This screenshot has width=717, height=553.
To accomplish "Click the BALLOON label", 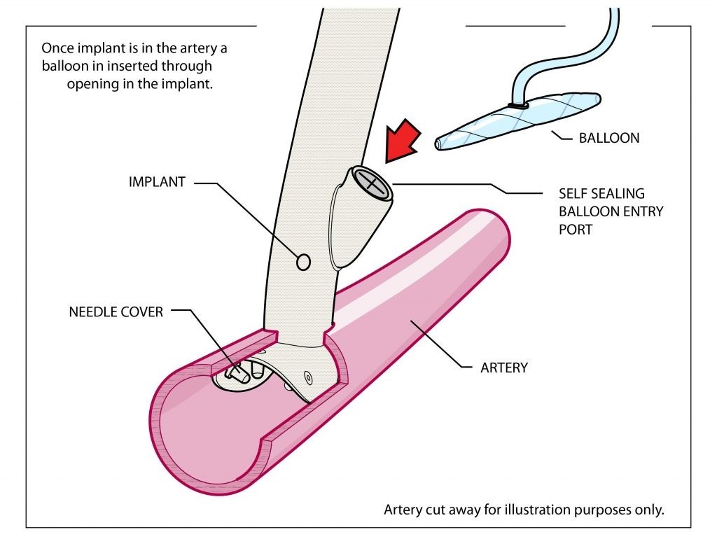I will point(608,138).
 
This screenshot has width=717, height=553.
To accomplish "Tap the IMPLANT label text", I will point(157,182).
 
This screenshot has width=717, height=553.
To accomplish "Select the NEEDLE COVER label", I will point(116,311).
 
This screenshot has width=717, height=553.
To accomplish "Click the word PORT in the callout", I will point(575,229).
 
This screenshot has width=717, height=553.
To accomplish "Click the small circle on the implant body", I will point(304,262).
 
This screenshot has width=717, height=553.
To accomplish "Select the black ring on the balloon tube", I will point(518,106).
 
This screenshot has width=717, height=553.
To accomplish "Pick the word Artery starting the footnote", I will point(402,510).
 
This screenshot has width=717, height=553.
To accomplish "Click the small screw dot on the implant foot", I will point(308,378).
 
